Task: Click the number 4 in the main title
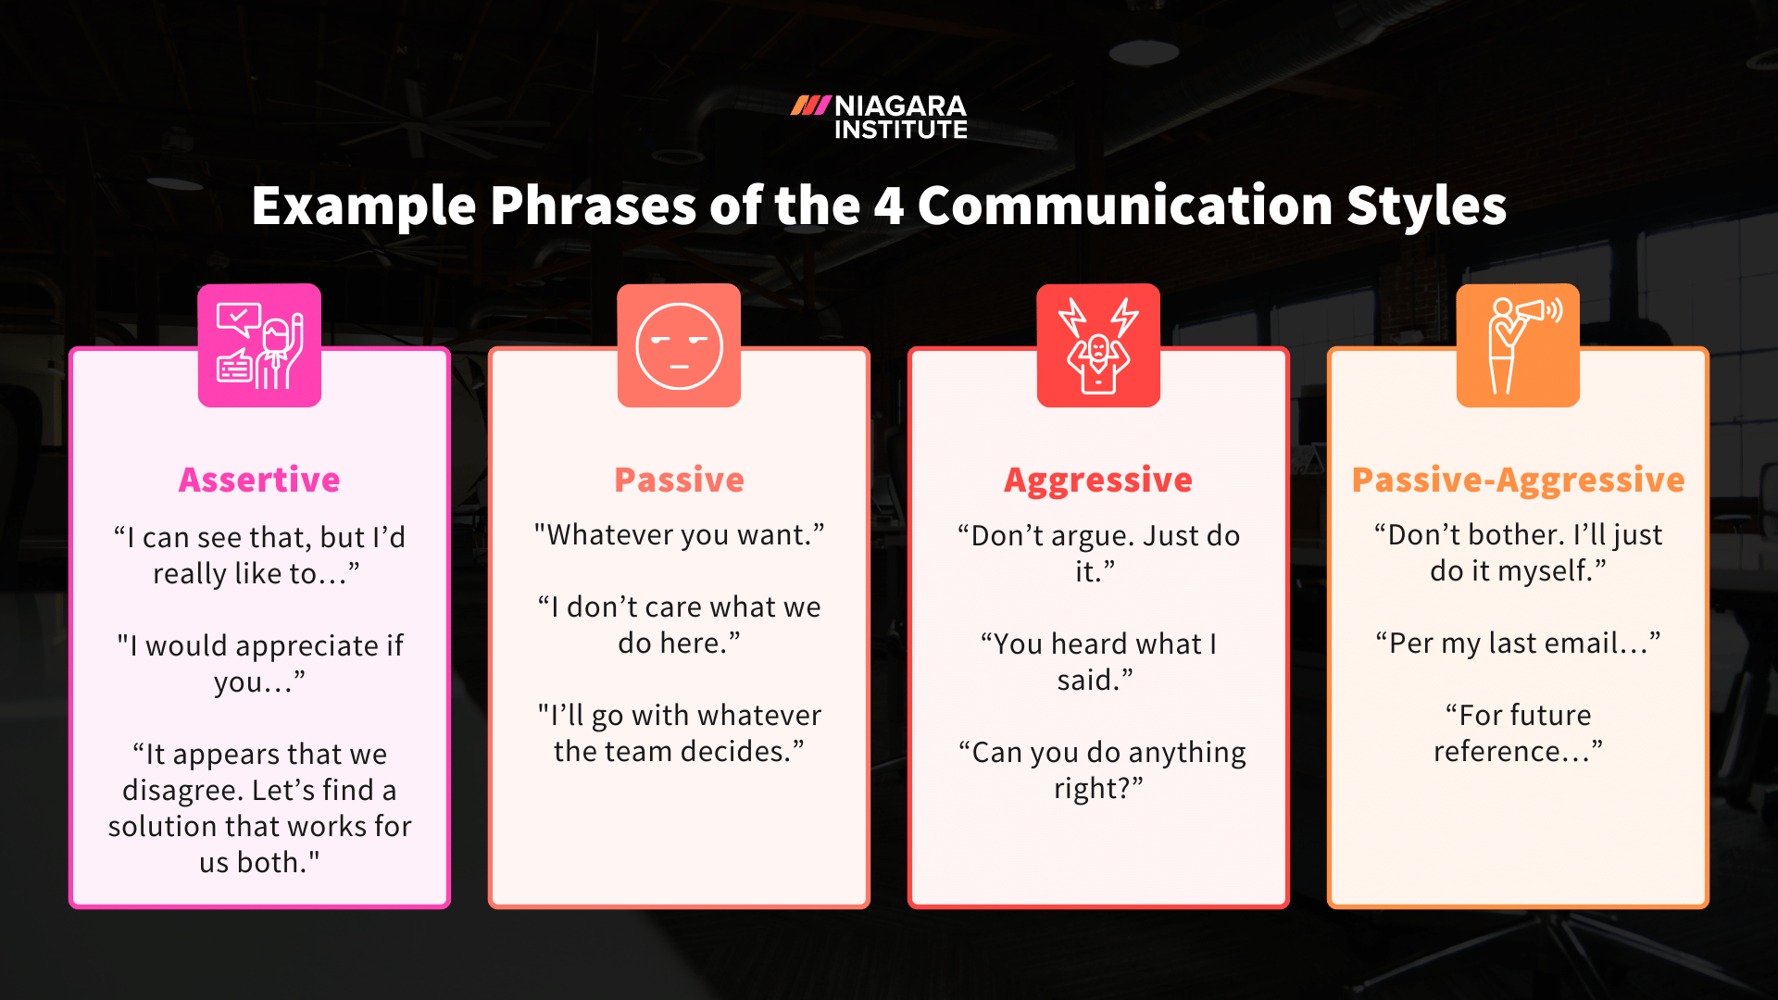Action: click(x=888, y=206)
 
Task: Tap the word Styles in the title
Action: click(x=1426, y=206)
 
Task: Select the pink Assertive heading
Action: click(x=259, y=480)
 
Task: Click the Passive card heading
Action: click(x=679, y=480)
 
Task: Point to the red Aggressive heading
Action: click(x=1098, y=480)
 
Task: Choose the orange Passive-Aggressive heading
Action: click(x=1518, y=480)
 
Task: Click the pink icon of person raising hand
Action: click(x=259, y=345)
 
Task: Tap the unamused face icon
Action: click(x=679, y=345)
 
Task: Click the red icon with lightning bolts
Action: click(x=1098, y=345)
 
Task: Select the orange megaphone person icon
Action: click(x=1518, y=345)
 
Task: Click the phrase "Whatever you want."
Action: click(x=679, y=535)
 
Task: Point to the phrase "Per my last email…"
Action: click(x=1518, y=644)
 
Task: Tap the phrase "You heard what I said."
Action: click(x=1098, y=661)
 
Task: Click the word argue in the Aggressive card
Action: click(x=1096, y=537)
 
